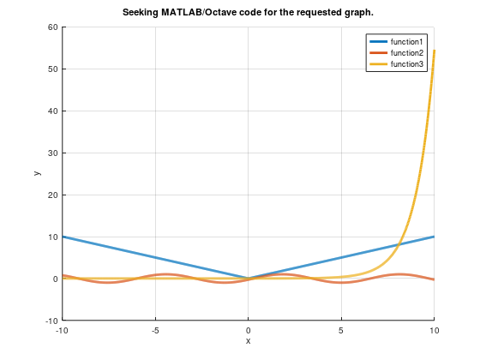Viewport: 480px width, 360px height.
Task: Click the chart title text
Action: click(x=248, y=12)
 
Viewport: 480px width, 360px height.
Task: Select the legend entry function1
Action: click(x=407, y=41)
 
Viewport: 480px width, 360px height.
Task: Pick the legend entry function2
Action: click(x=407, y=52)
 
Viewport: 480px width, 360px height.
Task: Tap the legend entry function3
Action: click(x=407, y=63)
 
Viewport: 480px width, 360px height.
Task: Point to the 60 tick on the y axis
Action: click(x=52, y=27)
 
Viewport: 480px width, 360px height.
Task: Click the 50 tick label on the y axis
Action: click(x=52, y=69)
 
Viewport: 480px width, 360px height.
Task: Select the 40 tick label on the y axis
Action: click(x=52, y=111)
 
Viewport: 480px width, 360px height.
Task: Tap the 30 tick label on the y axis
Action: click(x=52, y=153)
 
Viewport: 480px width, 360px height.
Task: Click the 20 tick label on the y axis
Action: click(x=52, y=195)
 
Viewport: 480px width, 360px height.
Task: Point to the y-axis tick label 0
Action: click(x=55, y=279)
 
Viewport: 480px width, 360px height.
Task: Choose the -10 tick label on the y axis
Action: click(x=50, y=321)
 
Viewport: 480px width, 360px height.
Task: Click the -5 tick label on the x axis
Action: click(x=155, y=330)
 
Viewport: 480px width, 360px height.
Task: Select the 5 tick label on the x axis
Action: click(x=341, y=330)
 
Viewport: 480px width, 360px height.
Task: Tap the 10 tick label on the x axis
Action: click(x=434, y=330)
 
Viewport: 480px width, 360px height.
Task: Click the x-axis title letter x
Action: click(x=249, y=341)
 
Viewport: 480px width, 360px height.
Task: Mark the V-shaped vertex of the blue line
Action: click(x=249, y=279)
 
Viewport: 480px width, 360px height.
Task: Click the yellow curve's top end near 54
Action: click(x=434, y=51)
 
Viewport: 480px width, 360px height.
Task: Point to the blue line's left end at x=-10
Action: click(x=63, y=237)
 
